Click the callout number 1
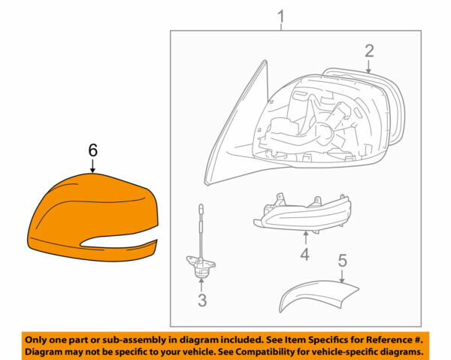pos(282,15)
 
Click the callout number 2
pos(369,51)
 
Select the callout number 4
pos(304,255)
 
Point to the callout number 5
pos(342,261)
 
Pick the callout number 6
pos(92,150)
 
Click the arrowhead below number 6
pos(92,171)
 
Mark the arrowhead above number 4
pos(304,234)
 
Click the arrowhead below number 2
pos(369,71)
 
